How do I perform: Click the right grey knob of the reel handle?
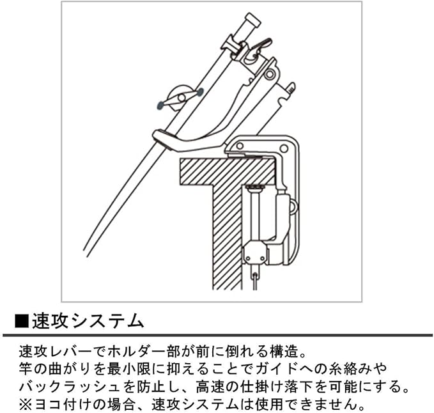[199, 93]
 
